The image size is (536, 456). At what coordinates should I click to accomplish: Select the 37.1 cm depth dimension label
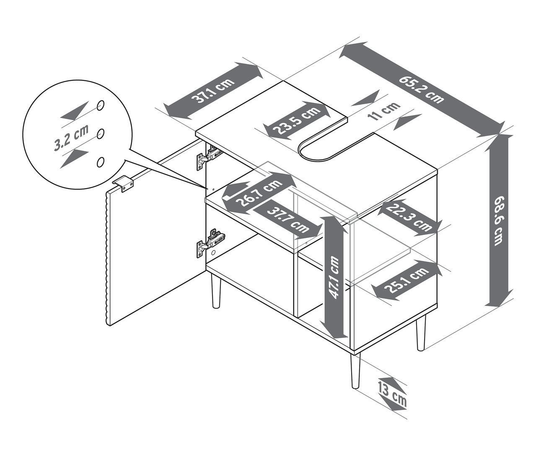213,91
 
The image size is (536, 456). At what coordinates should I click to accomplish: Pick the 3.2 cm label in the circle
71,139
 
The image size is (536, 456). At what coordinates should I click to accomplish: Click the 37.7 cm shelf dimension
288,219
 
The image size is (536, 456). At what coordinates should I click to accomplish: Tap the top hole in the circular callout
101,106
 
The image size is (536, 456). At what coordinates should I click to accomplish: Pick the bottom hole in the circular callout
101,162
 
